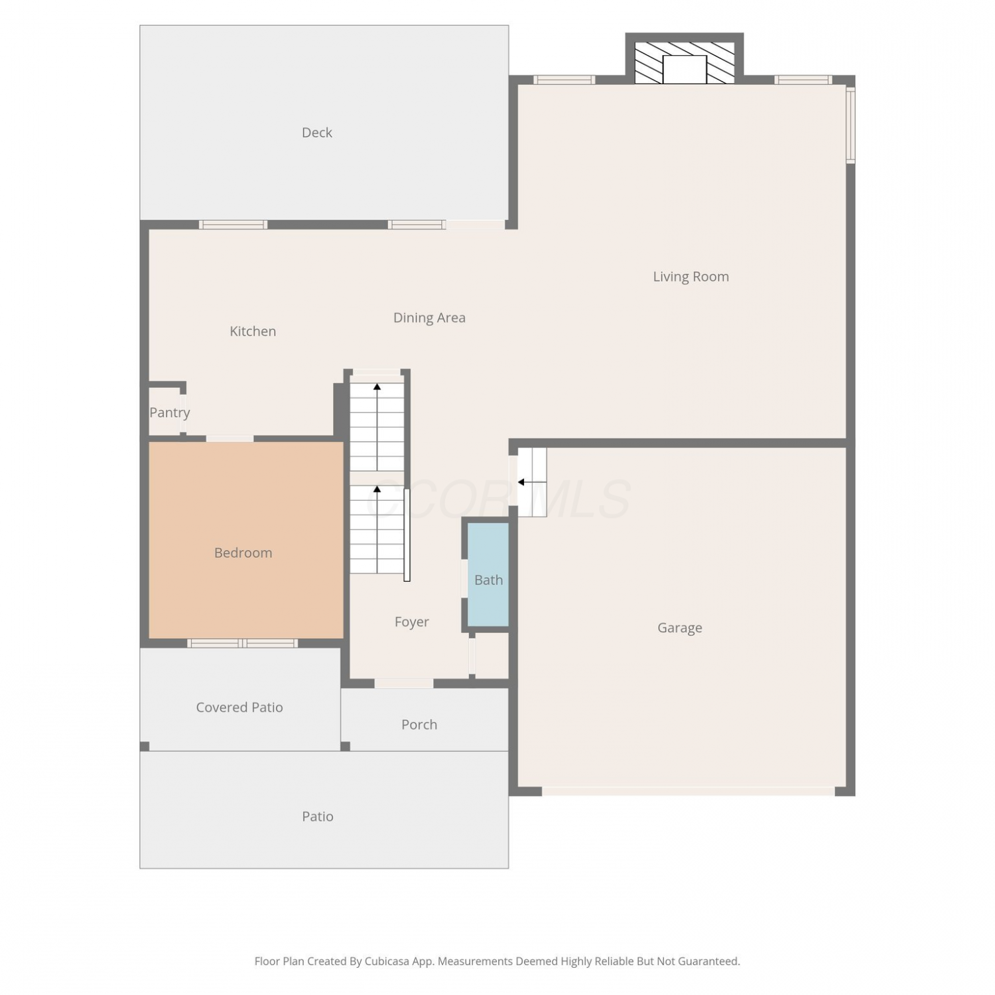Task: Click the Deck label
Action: click(317, 133)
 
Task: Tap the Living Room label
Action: click(691, 277)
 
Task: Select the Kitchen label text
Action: click(253, 331)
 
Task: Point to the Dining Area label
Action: click(429, 318)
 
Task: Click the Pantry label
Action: click(170, 413)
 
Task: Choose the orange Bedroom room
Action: click(246, 540)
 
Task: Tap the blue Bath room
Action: click(488, 574)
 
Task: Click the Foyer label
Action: click(411, 622)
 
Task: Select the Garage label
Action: click(679, 628)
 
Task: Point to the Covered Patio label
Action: click(239, 707)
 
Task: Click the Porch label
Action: click(419, 724)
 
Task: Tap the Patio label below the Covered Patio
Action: click(318, 817)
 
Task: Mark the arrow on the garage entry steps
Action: click(531, 482)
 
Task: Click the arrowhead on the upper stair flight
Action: click(377, 387)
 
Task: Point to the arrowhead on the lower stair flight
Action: click(377, 490)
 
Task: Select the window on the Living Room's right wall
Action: click(850, 124)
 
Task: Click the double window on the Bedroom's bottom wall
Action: click(242, 643)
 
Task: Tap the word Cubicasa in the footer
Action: click(387, 961)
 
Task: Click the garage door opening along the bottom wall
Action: click(688, 791)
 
